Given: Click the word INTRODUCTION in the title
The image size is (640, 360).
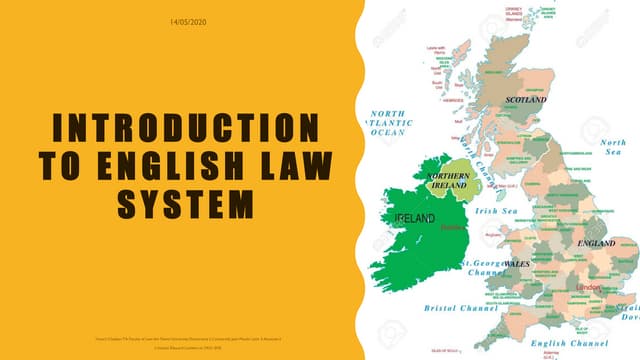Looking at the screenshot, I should click(179, 128).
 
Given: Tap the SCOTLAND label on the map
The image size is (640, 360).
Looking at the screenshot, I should click(526, 101).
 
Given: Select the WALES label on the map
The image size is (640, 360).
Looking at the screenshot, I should click(516, 264).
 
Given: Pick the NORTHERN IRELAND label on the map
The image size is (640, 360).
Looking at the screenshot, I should click(448, 180).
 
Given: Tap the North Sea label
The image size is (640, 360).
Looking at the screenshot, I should click(613, 148).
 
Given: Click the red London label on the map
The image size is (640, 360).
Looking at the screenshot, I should click(590, 288).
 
